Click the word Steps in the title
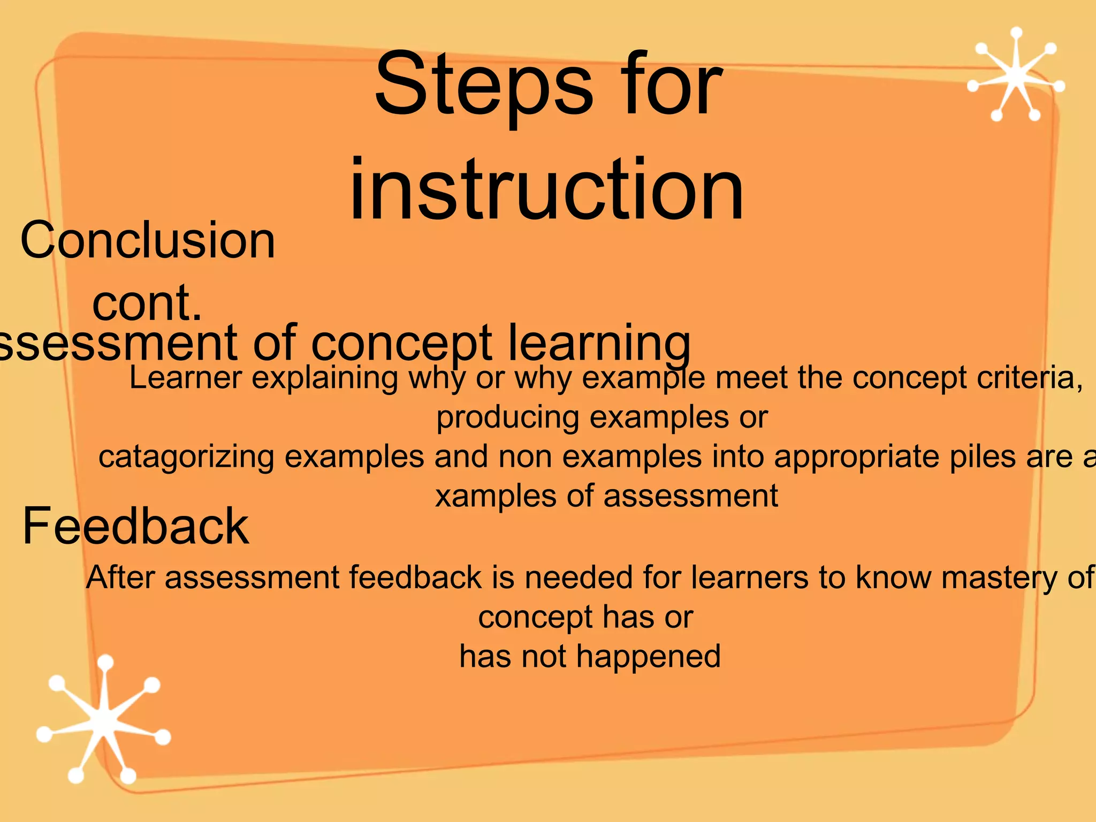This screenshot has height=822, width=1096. click(483, 85)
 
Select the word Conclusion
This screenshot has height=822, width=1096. click(148, 241)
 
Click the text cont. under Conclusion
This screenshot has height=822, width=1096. click(147, 303)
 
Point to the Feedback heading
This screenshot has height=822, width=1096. click(135, 527)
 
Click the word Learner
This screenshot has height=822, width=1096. click(186, 378)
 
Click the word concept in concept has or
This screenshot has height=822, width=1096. click(536, 618)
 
